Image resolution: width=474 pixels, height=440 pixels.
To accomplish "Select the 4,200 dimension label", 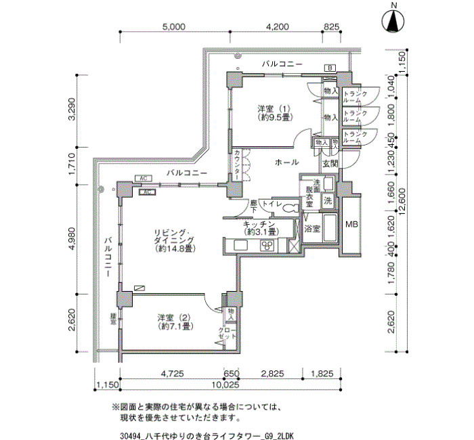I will [278, 27].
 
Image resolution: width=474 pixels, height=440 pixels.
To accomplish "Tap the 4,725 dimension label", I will [172, 374].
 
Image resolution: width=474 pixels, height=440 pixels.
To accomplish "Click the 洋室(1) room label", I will [274, 112].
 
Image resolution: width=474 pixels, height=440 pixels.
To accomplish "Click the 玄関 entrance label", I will [330, 163].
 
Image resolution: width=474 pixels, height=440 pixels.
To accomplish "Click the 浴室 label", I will [312, 230].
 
